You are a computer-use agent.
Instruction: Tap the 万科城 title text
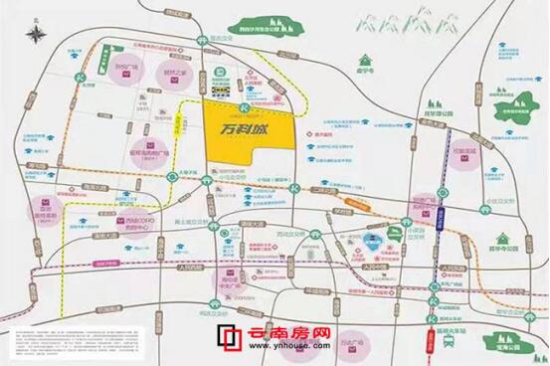(246, 132)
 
